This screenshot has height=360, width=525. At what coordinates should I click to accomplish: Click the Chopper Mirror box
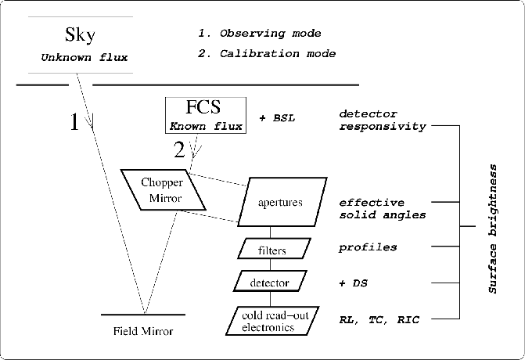(x=161, y=189)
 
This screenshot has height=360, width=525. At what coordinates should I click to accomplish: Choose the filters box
(x=271, y=250)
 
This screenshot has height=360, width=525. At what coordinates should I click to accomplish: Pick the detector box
(x=271, y=282)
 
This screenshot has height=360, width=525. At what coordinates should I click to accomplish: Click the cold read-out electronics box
(x=268, y=321)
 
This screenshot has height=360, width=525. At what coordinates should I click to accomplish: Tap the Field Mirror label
(x=143, y=332)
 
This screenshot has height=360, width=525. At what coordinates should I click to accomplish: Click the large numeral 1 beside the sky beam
(x=74, y=123)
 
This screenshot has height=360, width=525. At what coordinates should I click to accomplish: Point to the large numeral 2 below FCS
(x=180, y=148)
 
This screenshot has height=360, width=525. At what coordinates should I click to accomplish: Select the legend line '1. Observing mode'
(x=259, y=34)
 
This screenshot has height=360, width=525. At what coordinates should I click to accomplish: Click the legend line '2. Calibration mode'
(x=266, y=54)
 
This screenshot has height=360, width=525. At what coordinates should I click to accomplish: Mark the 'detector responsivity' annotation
(x=382, y=120)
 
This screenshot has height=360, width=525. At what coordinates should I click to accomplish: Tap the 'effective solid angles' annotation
(x=382, y=208)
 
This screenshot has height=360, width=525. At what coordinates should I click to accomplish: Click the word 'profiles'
(x=367, y=248)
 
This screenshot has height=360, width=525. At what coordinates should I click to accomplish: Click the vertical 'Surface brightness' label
(x=492, y=229)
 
